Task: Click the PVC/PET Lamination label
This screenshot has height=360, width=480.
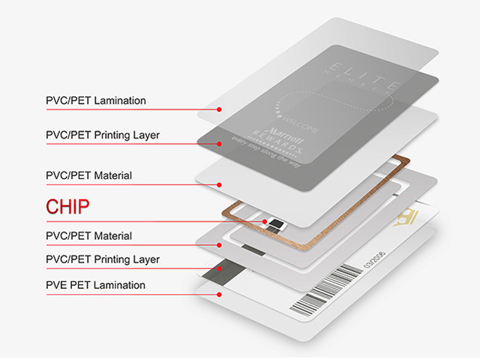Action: tap(96, 100)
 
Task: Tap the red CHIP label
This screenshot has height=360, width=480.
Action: tap(73, 206)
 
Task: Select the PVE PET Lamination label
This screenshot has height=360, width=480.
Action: tap(96, 285)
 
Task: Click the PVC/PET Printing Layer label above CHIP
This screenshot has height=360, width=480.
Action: tap(103, 135)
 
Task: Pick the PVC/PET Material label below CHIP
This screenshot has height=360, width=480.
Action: tap(89, 235)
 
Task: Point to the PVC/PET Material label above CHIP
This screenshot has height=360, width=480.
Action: tap(89, 175)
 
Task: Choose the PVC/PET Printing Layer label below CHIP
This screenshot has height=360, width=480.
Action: tap(103, 259)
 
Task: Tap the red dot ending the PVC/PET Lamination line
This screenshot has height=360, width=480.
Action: tap(219, 109)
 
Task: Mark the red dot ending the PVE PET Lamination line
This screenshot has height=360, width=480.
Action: tap(219, 294)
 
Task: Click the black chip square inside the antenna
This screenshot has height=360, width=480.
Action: tap(278, 223)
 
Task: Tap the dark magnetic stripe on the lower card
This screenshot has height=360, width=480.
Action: tap(229, 269)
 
